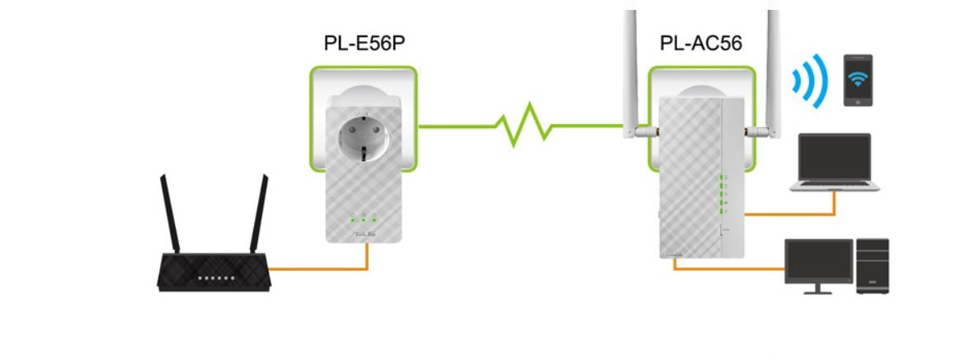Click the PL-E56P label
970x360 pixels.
click(x=364, y=42)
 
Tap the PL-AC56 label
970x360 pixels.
click(x=701, y=42)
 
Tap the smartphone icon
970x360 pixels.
click(x=858, y=79)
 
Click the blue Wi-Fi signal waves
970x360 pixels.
click(x=807, y=81)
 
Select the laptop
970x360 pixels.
click(x=835, y=162)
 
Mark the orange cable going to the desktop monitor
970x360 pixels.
click(x=726, y=268)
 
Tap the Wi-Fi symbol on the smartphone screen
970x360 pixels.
click(x=858, y=80)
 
